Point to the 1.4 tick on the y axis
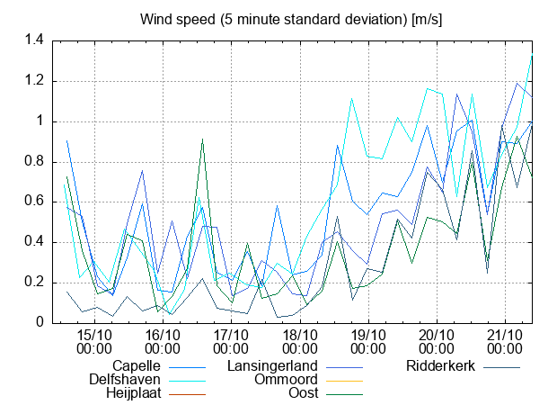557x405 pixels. click(x=34, y=40)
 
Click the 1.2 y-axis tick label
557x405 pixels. click(x=34, y=81)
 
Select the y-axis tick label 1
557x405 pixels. click(x=40, y=121)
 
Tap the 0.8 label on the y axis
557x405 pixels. click(x=34, y=162)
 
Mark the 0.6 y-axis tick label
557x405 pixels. click(x=34, y=202)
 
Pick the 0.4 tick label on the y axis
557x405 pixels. click(x=34, y=242)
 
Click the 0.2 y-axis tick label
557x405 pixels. click(x=34, y=283)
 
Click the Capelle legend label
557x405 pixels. click(x=137, y=366)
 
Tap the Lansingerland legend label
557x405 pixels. click(x=272, y=366)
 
